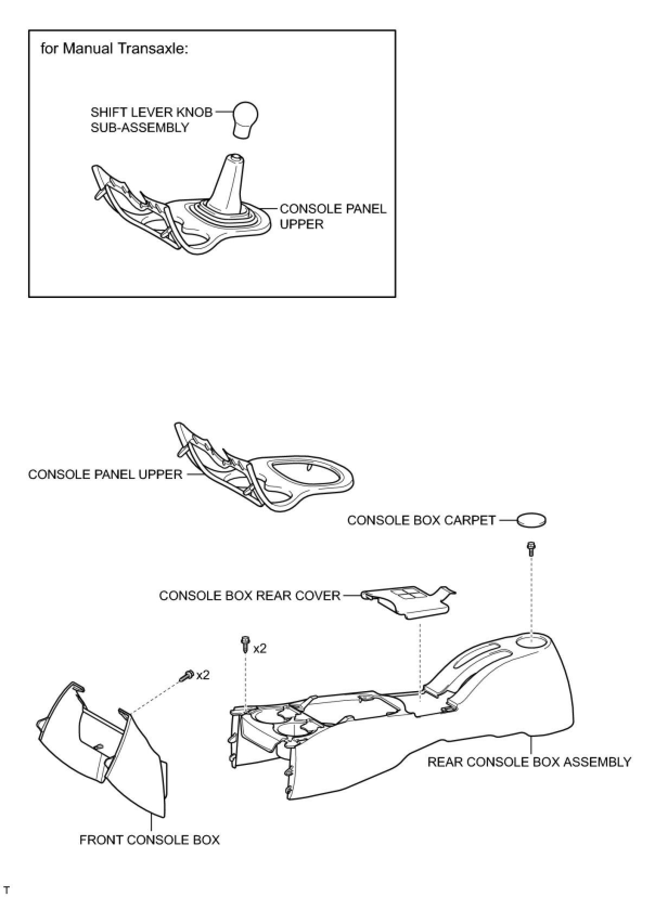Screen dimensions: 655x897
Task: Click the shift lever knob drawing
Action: click(245, 119)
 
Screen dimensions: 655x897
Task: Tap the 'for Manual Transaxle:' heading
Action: click(114, 49)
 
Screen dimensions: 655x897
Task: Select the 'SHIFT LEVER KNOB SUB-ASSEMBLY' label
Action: click(151, 120)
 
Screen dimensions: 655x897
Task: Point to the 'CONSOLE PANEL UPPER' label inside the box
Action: click(332, 217)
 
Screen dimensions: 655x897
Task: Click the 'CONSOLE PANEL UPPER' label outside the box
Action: click(105, 474)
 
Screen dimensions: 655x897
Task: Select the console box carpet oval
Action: click(531, 521)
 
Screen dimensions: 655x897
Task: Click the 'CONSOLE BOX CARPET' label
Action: click(421, 521)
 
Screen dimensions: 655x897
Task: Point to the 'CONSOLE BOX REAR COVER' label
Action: click(249, 596)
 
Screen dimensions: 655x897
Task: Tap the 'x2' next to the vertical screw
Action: click(260, 648)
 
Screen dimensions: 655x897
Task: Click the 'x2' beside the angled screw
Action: click(203, 675)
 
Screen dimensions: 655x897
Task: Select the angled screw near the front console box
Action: click(188, 675)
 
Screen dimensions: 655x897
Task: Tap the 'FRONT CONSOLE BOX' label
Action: click(150, 840)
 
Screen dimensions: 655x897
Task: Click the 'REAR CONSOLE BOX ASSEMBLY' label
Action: click(529, 762)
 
